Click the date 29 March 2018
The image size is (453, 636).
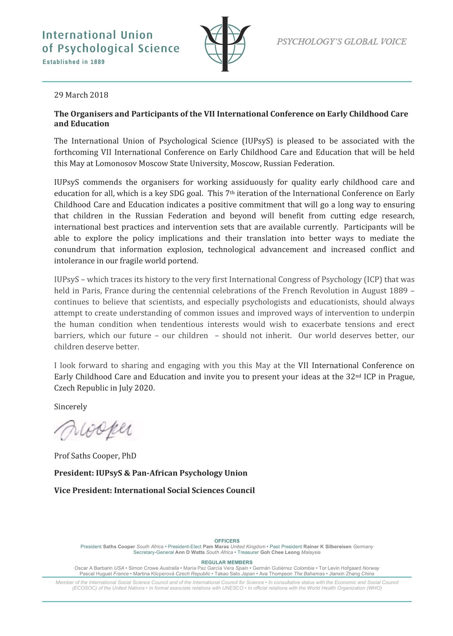pos(81,95)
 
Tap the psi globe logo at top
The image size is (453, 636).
pos(225,44)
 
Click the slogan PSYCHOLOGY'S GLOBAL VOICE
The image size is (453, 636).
pos(341,42)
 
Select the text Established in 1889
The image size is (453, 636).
pos(74,62)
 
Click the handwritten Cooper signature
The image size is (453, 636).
pos(94,430)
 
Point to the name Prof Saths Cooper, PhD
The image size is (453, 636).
pos(95,456)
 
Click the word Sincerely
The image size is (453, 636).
pos(71,407)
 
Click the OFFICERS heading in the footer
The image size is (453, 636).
pos(227,541)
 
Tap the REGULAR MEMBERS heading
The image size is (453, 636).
pos(227,562)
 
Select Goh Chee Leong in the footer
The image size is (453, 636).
pos(280,552)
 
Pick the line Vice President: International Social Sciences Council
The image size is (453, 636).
pos(154,490)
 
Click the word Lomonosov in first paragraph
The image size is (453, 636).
pos(116,164)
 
